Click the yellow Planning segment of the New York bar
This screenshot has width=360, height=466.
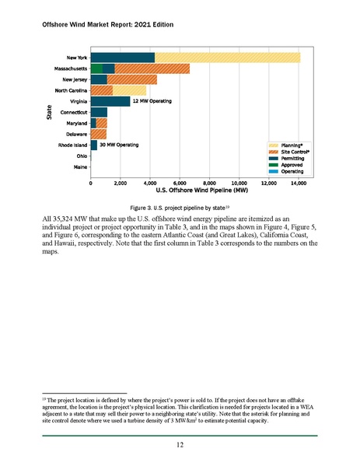[x=227, y=57]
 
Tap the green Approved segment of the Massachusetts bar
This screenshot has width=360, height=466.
[x=96, y=68]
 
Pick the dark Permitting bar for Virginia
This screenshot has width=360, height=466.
[x=110, y=101]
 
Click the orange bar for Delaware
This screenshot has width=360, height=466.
[x=99, y=134]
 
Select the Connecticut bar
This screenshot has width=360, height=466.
[x=99, y=112]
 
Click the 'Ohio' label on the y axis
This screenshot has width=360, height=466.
[x=81, y=156]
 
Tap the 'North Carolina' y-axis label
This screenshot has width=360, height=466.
[x=72, y=90]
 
